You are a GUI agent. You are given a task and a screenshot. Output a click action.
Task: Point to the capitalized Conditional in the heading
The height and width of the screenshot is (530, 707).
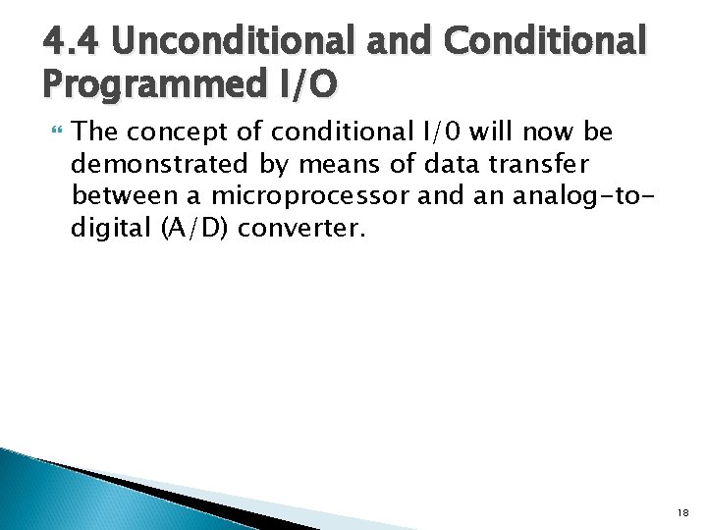[x=545, y=41]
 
